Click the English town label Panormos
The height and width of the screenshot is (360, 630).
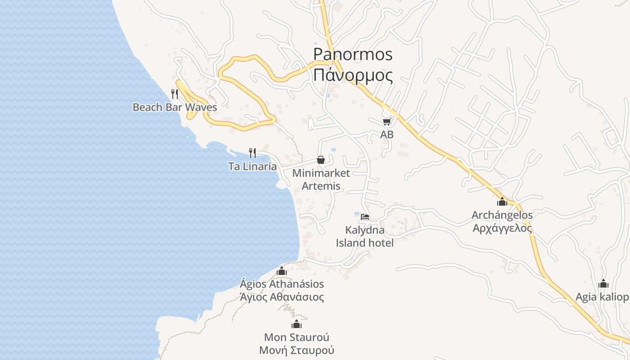[x=353, y=54]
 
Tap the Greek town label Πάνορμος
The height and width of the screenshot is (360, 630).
[x=353, y=75]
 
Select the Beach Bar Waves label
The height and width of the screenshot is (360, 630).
[x=175, y=108]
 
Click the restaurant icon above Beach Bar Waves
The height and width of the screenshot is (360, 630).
[x=175, y=94]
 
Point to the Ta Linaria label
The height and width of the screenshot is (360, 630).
[x=252, y=166]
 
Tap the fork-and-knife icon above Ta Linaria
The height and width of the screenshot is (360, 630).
[x=252, y=153]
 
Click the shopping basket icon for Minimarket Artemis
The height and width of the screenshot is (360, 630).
[x=321, y=160]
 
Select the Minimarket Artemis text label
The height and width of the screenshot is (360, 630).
[x=321, y=179]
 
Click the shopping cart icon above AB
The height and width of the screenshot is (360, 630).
[x=387, y=122]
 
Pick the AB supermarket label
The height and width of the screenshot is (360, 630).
[x=387, y=135]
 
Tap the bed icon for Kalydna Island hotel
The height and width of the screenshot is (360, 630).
[x=365, y=217]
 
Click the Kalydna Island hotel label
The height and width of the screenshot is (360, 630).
[x=365, y=236]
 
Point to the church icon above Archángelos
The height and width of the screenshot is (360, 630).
[x=502, y=202]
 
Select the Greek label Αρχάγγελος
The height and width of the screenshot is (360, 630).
[x=502, y=228]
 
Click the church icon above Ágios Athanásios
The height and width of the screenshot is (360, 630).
[x=282, y=271]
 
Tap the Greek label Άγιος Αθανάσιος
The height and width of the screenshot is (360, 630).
[x=282, y=297]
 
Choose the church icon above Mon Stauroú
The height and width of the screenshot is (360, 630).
[x=296, y=324]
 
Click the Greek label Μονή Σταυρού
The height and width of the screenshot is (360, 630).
[x=297, y=350]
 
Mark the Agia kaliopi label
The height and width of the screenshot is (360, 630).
[x=602, y=297]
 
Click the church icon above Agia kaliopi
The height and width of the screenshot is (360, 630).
[x=603, y=283]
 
